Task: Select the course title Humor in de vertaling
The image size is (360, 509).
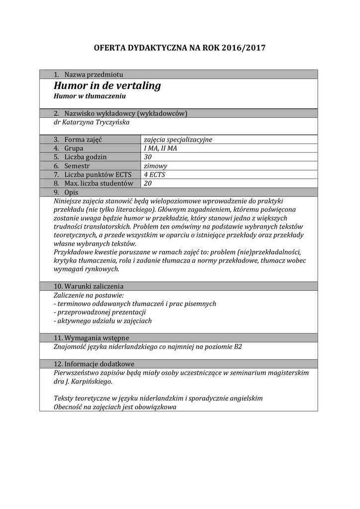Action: [107, 85]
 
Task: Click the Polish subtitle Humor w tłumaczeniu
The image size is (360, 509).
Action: [90, 95]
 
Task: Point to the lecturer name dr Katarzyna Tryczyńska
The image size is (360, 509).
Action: [91, 122]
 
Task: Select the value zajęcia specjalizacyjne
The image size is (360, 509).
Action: [178, 140]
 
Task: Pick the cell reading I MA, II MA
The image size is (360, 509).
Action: [160, 149]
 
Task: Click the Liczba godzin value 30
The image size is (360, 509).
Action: [148, 157]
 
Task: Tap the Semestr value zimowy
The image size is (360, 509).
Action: [155, 166]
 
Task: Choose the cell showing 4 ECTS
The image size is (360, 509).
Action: [154, 174]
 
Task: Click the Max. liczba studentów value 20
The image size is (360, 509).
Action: [148, 183]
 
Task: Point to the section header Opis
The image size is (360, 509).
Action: [71, 192]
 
